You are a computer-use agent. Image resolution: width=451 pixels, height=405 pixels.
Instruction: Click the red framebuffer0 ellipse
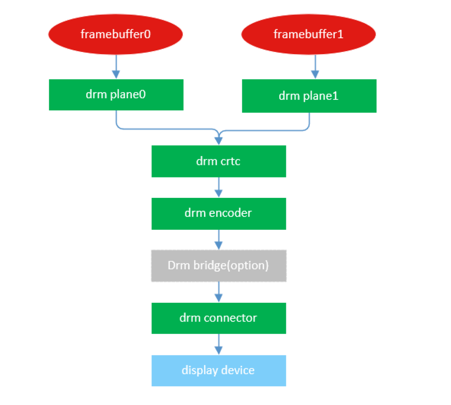[115, 34]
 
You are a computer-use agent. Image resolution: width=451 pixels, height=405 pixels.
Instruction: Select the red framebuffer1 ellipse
[308, 34]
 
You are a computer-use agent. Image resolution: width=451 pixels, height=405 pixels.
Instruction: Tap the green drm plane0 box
[116, 95]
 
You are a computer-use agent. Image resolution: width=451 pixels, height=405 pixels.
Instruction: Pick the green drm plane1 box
[309, 96]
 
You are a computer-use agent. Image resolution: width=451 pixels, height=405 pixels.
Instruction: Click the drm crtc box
[218, 161]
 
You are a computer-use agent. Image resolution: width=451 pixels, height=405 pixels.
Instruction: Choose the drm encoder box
[218, 213]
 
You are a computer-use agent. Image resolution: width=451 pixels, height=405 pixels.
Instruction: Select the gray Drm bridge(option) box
[218, 266]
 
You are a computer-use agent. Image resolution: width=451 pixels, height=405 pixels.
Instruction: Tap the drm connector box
[218, 318]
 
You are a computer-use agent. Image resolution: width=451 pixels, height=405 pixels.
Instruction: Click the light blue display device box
[218, 370]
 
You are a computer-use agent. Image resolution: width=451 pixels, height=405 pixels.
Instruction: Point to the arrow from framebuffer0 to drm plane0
[116, 67]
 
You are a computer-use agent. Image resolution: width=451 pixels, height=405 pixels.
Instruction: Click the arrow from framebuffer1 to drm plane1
[315, 67]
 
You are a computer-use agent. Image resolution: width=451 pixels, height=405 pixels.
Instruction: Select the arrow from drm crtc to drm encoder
[218, 187]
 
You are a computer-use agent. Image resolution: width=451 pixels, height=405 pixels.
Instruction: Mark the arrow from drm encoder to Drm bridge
[218, 240]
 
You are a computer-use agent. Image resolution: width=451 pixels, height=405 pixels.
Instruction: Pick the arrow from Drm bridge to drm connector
[218, 292]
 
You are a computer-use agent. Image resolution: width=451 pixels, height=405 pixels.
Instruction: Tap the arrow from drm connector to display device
[218, 344]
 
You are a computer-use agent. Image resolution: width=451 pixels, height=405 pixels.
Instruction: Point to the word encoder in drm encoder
[231, 213]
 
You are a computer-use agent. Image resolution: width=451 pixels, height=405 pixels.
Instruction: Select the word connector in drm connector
[230, 318]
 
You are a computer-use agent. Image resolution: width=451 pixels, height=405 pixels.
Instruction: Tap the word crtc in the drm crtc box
[230, 161]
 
